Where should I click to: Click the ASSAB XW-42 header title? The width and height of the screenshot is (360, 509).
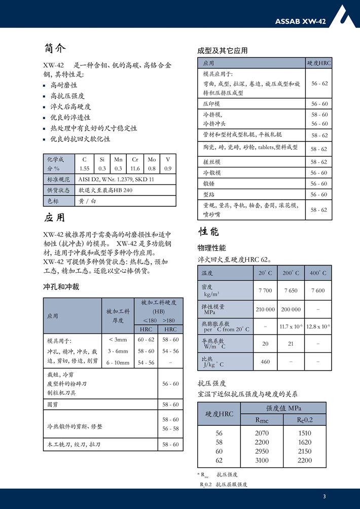click(301, 21)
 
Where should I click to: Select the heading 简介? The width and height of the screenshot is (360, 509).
click(55, 49)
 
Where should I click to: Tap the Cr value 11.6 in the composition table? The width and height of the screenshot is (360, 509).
click(135, 168)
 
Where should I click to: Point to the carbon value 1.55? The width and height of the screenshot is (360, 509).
click(85, 168)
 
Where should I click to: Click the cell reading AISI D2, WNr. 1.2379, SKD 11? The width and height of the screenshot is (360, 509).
click(116, 179)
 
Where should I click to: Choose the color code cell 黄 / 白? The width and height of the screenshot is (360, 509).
click(87, 201)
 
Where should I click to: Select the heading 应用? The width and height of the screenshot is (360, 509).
click(55, 218)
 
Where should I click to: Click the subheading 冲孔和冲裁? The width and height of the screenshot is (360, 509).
click(61, 287)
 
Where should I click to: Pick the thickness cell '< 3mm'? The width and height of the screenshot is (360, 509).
click(118, 340)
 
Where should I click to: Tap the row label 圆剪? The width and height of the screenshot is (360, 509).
click(52, 405)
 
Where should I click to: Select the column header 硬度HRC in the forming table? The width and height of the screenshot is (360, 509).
click(319, 63)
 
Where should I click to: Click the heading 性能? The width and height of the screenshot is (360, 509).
click(208, 232)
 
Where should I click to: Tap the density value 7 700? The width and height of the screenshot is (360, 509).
click(265, 290)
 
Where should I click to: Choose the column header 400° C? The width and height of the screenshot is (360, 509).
click(318, 273)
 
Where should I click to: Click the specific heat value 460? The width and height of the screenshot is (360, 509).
click(265, 361)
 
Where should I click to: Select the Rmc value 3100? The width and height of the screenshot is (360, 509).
click(262, 460)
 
